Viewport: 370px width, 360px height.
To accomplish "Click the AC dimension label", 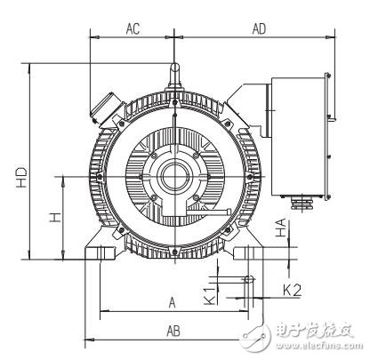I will coord(133,28).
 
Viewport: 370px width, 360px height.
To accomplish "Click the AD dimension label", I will coord(260,28).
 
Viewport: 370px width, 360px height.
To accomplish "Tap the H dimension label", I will coord(55,218).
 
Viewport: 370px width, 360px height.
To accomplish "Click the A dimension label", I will coord(172,302).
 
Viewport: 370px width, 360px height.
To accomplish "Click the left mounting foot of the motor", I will coord(103,249).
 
